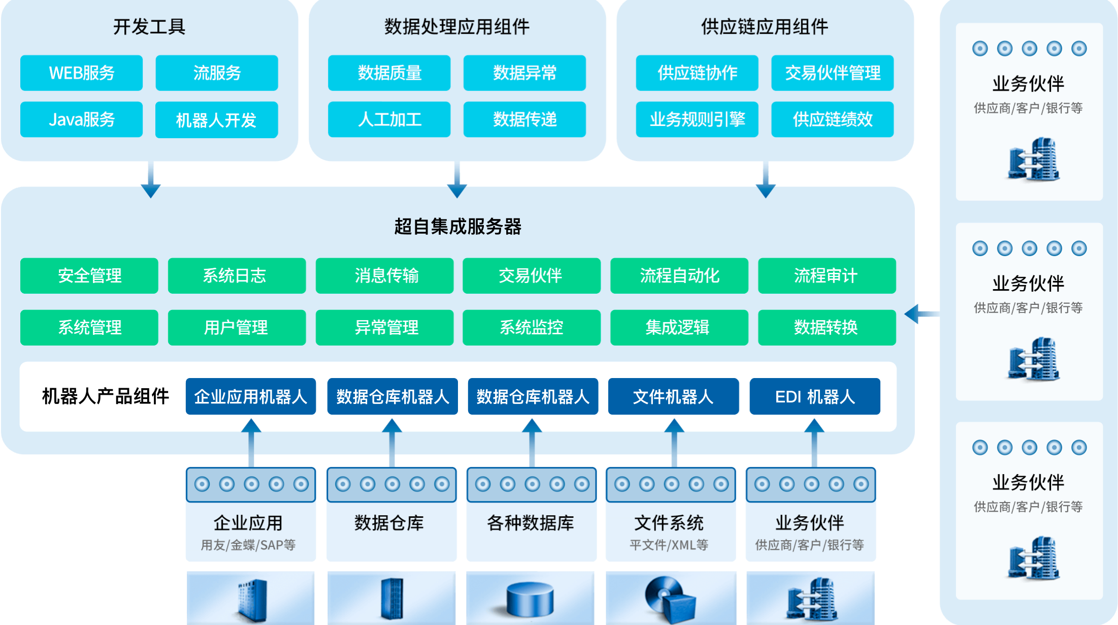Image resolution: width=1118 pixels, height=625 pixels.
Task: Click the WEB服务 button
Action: pyautogui.click(x=81, y=73)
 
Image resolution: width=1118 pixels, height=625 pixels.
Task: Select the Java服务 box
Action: pyautogui.click(x=81, y=119)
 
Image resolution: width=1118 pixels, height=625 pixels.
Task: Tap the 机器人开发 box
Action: pyautogui.click(x=216, y=120)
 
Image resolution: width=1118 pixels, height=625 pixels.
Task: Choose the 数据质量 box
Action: pyautogui.click(x=389, y=73)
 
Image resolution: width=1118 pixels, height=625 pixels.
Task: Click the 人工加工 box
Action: pyautogui.click(x=389, y=119)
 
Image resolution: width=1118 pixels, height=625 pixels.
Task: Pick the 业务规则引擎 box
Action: pyautogui.click(x=697, y=119)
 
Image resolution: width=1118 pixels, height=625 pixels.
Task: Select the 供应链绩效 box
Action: pyautogui.click(x=832, y=119)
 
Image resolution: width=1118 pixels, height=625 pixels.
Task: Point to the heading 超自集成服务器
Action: pyautogui.click(x=457, y=227)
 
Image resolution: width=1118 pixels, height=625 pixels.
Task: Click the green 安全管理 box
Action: pyautogui.click(x=89, y=276)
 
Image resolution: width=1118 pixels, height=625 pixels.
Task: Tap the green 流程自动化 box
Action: pyautogui.click(x=679, y=276)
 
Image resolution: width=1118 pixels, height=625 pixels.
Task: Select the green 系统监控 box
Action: pyautogui.click(x=531, y=328)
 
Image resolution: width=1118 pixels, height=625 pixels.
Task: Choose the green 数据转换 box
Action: pyautogui.click(x=827, y=328)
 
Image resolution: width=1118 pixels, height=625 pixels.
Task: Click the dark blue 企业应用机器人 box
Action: pyautogui.click(x=251, y=396)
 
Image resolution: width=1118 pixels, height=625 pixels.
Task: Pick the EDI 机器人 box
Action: pyautogui.click(x=814, y=396)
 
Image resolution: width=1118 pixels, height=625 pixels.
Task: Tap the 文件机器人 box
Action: pyautogui.click(x=673, y=396)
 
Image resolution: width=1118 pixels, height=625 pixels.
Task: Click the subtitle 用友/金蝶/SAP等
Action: pyautogui.click(x=248, y=545)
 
